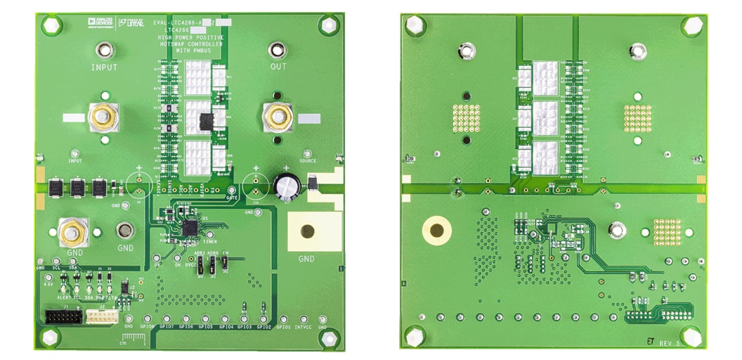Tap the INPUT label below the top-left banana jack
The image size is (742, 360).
(x=104, y=67)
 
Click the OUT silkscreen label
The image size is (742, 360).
(x=278, y=67)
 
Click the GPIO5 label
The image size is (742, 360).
(x=206, y=327)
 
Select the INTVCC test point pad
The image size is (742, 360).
(x=304, y=316)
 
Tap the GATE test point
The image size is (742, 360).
(x=231, y=191)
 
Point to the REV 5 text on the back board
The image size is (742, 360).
(x=670, y=342)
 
